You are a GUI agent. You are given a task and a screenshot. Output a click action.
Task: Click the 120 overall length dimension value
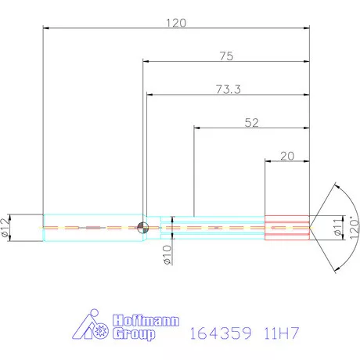(175, 23)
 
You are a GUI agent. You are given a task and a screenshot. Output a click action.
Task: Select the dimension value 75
(226, 56)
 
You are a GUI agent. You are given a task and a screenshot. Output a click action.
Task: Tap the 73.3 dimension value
(226, 90)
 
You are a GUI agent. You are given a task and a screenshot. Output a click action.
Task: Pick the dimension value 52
(251, 122)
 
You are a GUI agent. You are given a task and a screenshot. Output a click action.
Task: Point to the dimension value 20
(286, 156)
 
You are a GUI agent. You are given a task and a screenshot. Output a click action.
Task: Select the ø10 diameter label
(167, 254)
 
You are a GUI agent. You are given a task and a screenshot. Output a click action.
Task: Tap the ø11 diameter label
(337, 227)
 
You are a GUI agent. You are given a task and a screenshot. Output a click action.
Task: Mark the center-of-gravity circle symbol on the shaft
(142, 227)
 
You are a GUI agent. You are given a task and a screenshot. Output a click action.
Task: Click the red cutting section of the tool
(286, 227)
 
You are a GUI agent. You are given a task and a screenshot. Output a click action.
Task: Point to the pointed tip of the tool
(313, 227)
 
